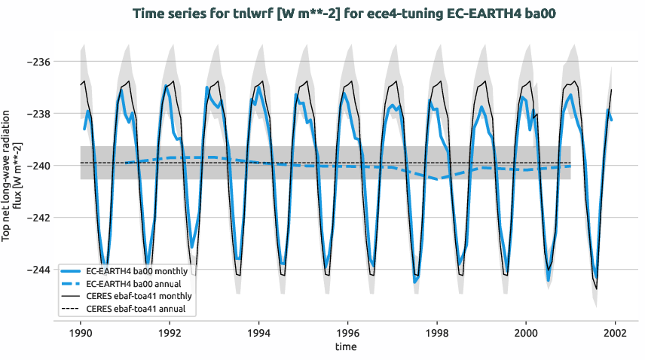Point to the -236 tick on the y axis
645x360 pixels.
[35, 62]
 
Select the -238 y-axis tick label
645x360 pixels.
[35, 114]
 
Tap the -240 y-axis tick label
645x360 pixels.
[35, 166]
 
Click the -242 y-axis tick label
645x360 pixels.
[35, 218]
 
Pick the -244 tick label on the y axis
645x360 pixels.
[35, 270]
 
